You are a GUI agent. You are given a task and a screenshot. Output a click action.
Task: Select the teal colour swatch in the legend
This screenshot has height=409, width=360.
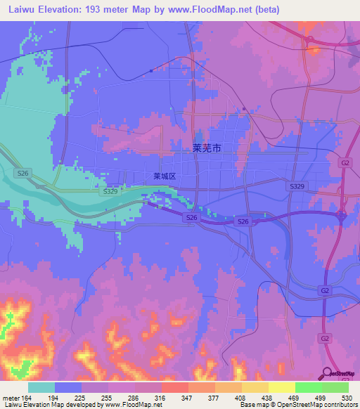(x=41, y=387)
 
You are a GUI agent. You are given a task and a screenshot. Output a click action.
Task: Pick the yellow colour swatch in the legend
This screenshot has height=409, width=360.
(x=282, y=387)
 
